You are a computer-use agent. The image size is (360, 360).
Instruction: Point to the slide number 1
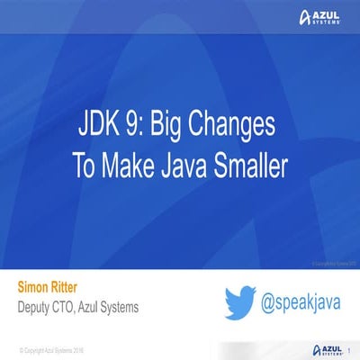tap(348, 346)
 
